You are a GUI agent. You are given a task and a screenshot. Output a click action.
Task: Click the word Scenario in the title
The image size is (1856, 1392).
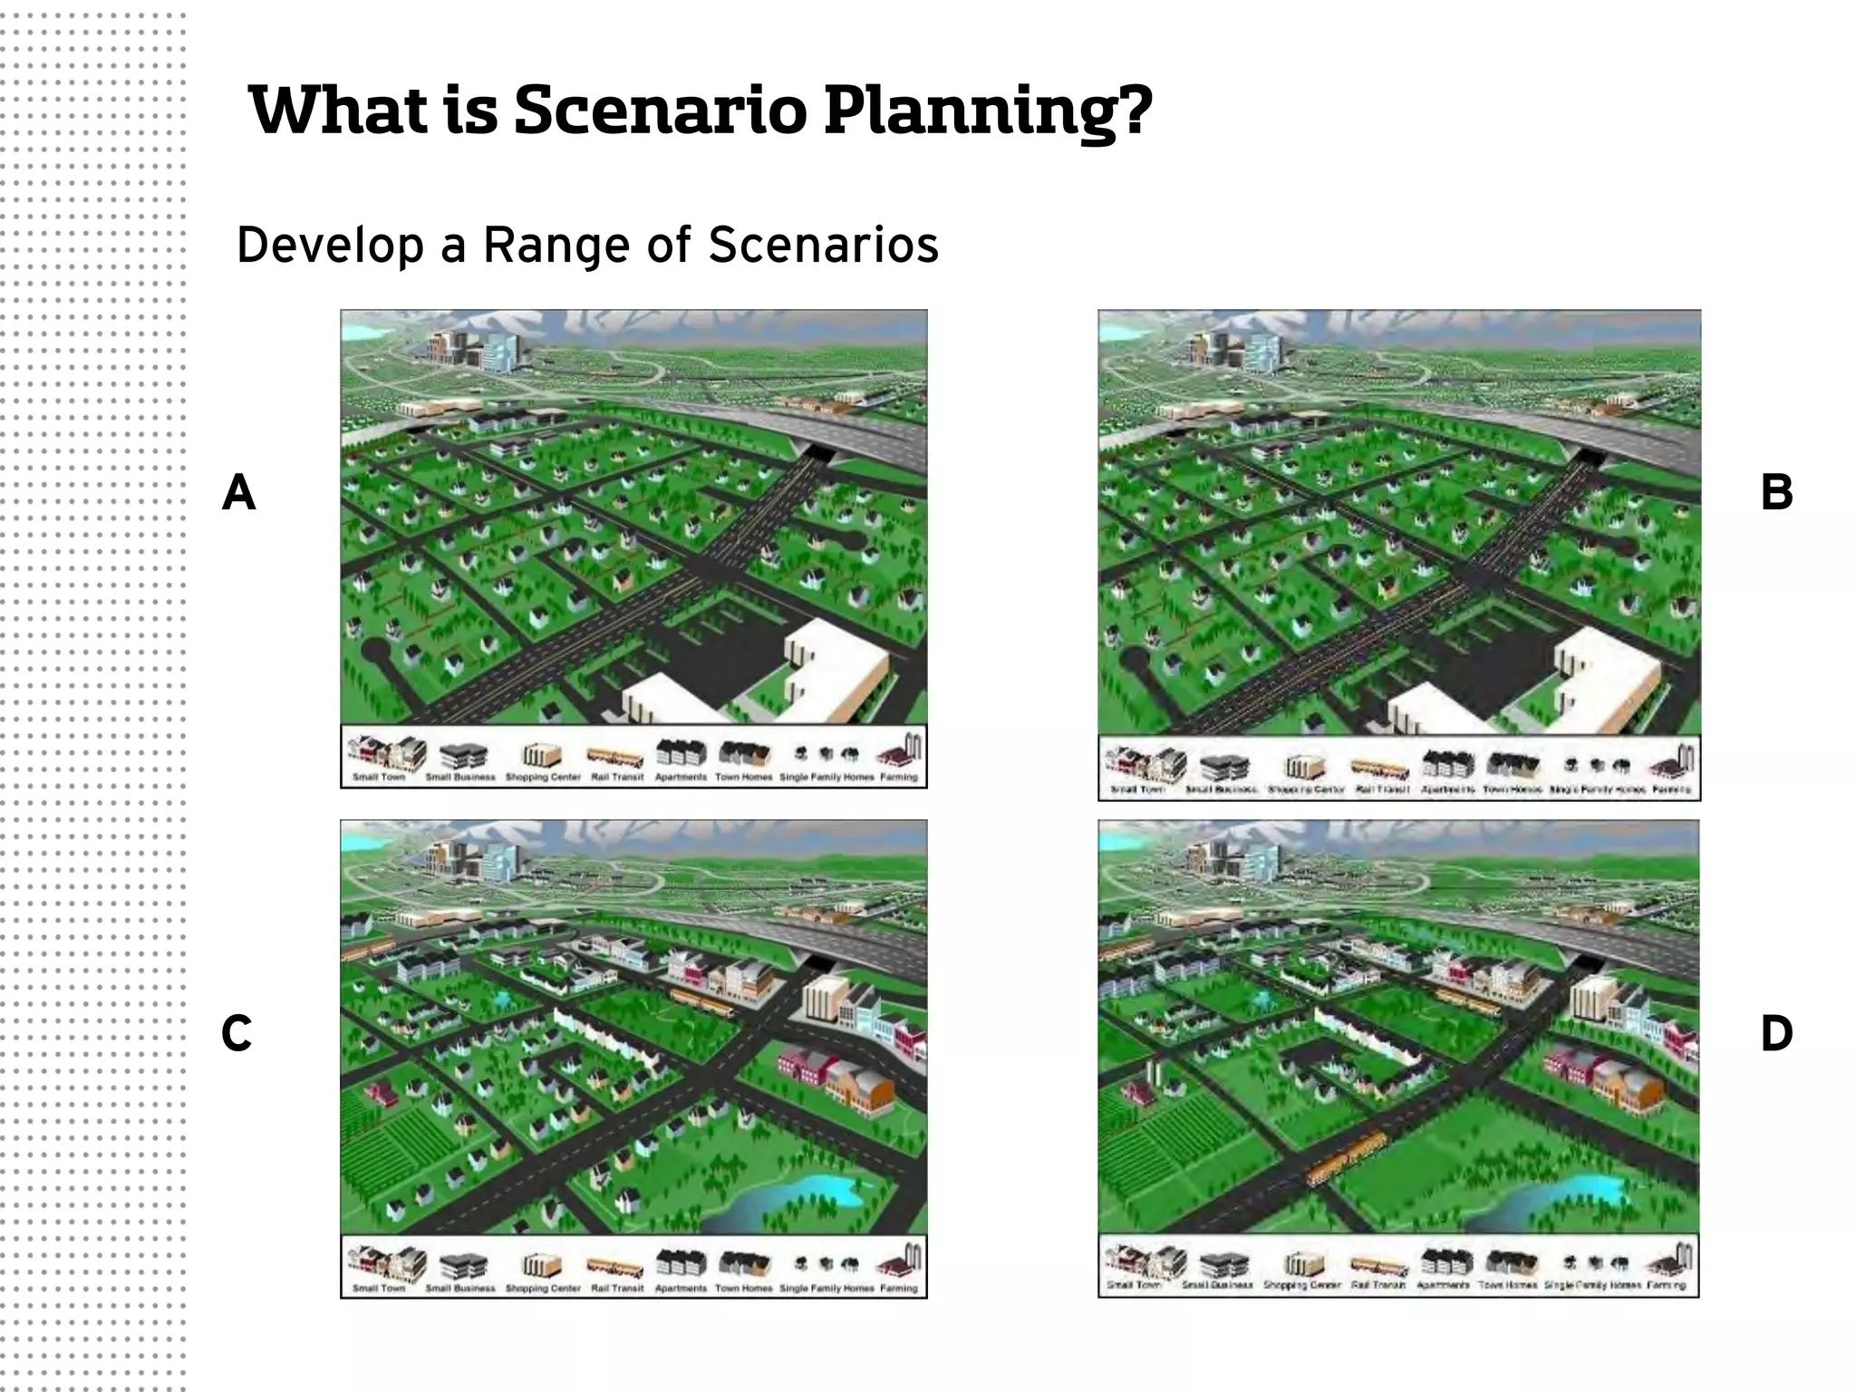tap(659, 111)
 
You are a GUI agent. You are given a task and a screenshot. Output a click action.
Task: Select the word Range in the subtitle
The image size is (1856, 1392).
tap(557, 245)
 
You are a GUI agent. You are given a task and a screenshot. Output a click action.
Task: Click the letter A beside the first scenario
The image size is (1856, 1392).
tap(238, 493)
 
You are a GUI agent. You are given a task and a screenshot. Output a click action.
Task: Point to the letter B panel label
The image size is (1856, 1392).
tap(1775, 493)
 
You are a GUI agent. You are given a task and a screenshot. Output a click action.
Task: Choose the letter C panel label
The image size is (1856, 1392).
tap(237, 1033)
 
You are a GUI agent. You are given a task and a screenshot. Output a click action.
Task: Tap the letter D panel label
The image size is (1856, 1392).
tap(1775, 1033)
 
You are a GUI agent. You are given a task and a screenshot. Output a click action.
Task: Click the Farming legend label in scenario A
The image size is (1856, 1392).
tap(898, 778)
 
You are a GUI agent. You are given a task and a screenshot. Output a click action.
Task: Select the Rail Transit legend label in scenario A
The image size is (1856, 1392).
tap(617, 778)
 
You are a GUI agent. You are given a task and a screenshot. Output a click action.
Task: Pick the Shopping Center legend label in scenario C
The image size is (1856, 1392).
tap(543, 1288)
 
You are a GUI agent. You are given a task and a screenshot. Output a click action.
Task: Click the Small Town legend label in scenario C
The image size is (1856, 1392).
tap(379, 1288)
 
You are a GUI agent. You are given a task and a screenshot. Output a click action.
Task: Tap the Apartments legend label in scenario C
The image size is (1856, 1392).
tap(681, 1288)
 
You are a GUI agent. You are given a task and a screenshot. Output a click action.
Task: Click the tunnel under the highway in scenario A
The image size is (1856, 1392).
tap(822, 450)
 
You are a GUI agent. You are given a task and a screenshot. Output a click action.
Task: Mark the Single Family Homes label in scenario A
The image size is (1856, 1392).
tap(826, 778)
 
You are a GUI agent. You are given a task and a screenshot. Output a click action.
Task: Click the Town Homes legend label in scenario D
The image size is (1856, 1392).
tap(1508, 1285)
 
